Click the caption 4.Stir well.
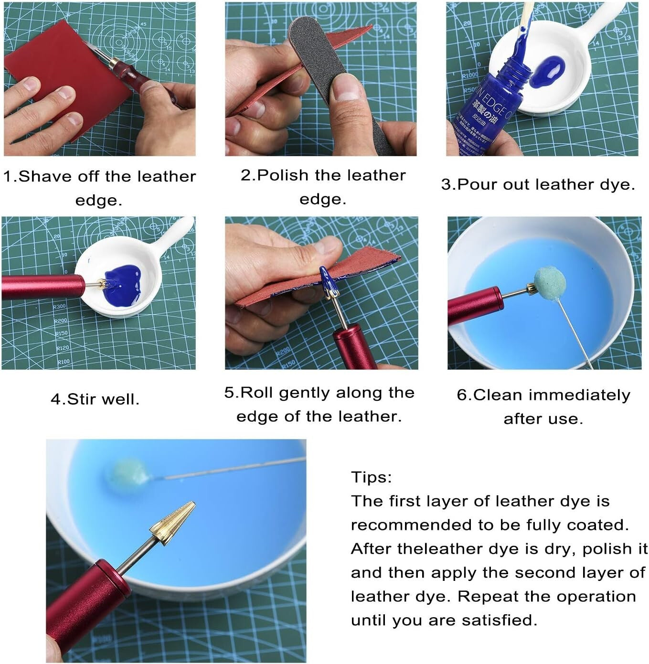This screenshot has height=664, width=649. point(95,399)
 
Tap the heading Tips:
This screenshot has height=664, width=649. point(371,477)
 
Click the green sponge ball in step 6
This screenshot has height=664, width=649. point(550,281)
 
